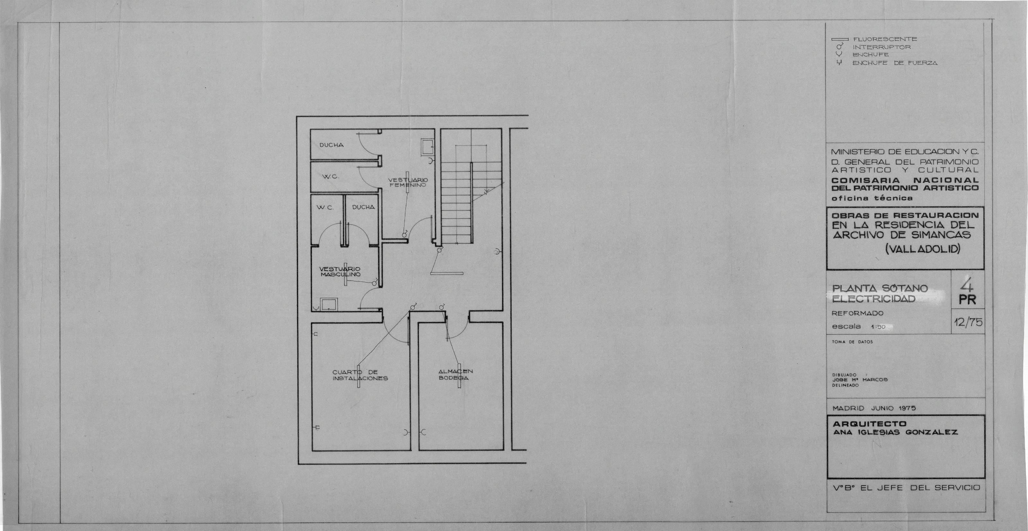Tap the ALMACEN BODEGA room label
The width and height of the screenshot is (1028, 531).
(455, 375)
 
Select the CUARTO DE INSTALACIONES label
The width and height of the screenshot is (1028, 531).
(360, 375)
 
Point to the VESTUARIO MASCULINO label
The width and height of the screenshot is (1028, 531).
(340, 272)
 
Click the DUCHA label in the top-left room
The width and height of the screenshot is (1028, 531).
(331, 145)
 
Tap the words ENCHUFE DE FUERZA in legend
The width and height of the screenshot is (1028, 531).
(895, 63)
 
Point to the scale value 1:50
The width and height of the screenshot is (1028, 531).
(878, 327)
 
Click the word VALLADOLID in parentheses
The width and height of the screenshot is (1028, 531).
(922, 249)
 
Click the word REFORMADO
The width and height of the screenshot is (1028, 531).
(857, 313)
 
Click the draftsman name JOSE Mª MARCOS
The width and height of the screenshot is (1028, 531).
(860, 380)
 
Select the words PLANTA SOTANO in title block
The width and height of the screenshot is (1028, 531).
(879, 288)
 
